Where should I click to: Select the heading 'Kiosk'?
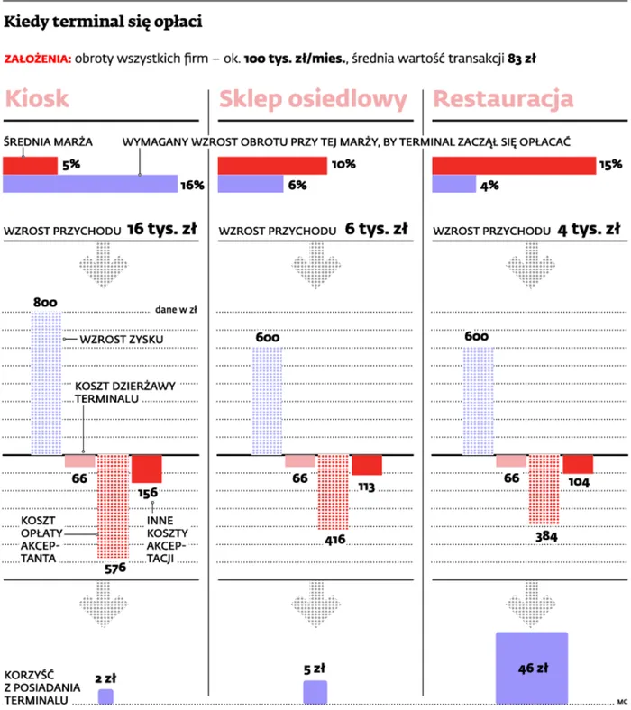(37, 99)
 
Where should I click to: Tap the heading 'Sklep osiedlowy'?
(313, 99)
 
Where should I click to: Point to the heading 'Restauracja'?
(504, 99)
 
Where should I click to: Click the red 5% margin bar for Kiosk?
(30, 166)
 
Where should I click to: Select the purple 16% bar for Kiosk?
(90, 184)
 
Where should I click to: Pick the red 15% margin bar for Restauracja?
(514, 166)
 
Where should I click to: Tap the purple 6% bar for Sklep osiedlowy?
(251, 184)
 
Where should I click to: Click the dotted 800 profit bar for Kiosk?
(46, 384)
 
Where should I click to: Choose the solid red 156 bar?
(147, 469)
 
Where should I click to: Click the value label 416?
(333, 540)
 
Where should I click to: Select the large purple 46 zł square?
(532, 668)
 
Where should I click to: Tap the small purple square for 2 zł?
(105, 696)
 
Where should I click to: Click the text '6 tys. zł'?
(377, 229)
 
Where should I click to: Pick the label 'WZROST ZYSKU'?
(114, 340)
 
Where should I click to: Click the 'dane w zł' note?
(176, 309)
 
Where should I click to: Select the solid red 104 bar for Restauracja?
(578, 464)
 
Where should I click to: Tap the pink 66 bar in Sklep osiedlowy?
(300, 460)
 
